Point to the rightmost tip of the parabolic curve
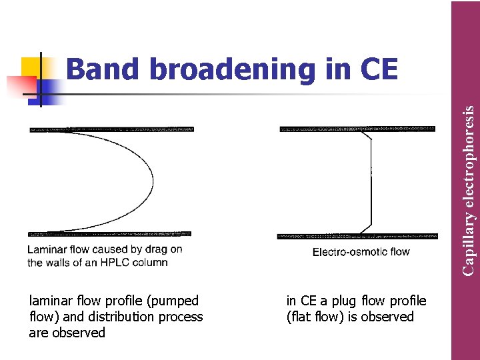click(153, 181)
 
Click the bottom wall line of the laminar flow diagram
click(110, 234)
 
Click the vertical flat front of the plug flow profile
click(371, 181)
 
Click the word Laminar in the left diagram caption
click(46, 250)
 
